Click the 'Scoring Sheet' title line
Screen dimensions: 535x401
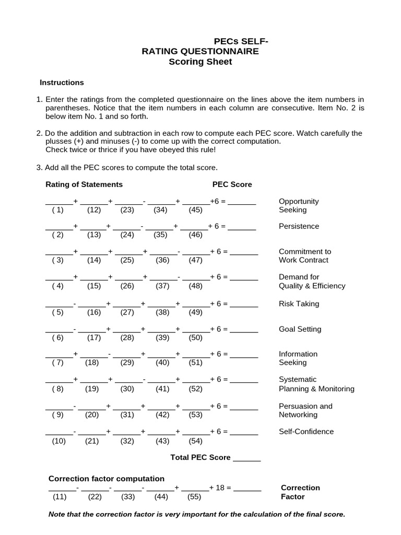(x=200, y=62)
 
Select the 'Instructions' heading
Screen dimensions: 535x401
(x=62, y=83)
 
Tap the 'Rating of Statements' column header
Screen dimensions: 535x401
(x=84, y=184)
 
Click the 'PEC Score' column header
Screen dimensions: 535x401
(x=232, y=184)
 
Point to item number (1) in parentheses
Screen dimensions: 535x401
(x=57, y=210)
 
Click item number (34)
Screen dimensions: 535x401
(x=160, y=210)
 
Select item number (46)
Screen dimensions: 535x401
(x=195, y=235)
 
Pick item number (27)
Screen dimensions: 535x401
(x=127, y=312)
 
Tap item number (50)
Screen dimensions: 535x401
(x=195, y=338)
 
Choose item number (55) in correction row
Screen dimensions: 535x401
(x=194, y=497)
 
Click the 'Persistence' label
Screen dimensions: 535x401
(x=299, y=226)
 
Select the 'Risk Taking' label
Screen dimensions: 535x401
(x=299, y=304)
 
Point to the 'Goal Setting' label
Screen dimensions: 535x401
(x=300, y=329)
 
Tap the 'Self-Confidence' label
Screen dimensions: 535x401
(x=306, y=432)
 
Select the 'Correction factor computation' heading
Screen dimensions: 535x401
(x=107, y=479)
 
